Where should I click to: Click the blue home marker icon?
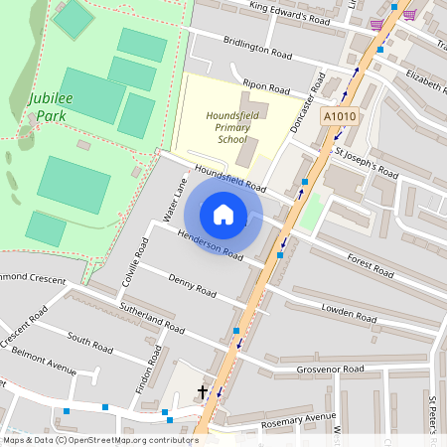[x=223, y=215]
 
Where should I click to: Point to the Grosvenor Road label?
[x=331, y=370]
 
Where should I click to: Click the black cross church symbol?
[x=203, y=392]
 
